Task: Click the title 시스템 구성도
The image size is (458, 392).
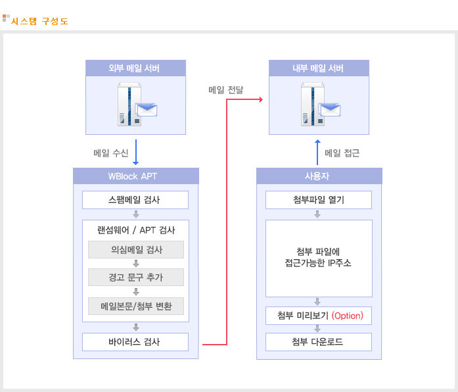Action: click(39, 21)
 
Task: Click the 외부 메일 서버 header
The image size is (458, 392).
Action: click(135, 68)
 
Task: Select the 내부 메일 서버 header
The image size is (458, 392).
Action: click(319, 68)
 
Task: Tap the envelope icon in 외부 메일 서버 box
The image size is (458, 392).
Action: click(146, 110)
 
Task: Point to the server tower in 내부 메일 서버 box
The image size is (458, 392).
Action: click(312, 105)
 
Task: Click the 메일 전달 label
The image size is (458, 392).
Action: click(226, 90)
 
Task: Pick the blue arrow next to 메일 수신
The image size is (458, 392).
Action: click(136, 153)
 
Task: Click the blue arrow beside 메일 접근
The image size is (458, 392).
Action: click(317, 153)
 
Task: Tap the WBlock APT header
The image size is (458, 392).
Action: click(136, 176)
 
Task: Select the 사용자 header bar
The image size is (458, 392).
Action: click(319, 176)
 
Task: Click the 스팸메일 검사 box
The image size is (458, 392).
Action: click(135, 200)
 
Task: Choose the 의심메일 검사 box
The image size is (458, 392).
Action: click(136, 250)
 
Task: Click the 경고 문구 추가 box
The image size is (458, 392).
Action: click(136, 277)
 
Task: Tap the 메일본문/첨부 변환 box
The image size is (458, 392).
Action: click(136, 306)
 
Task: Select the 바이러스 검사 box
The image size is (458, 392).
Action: click(135, 342)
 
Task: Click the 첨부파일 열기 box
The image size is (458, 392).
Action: click(319, 200)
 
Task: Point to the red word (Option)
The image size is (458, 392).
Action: click(348, 316)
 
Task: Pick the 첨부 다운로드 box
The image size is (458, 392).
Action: click(319, 342)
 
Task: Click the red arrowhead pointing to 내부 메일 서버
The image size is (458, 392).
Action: click(261, 100)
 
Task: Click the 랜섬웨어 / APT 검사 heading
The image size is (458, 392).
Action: click(136, 230)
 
